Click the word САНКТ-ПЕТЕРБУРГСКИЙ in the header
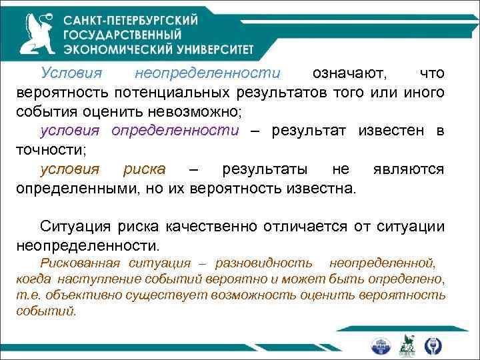point(131,20)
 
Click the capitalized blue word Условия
point(67,72)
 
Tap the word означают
point(345,72)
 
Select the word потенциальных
point(167,91)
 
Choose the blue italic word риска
point(144,169)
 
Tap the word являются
point(408,169)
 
